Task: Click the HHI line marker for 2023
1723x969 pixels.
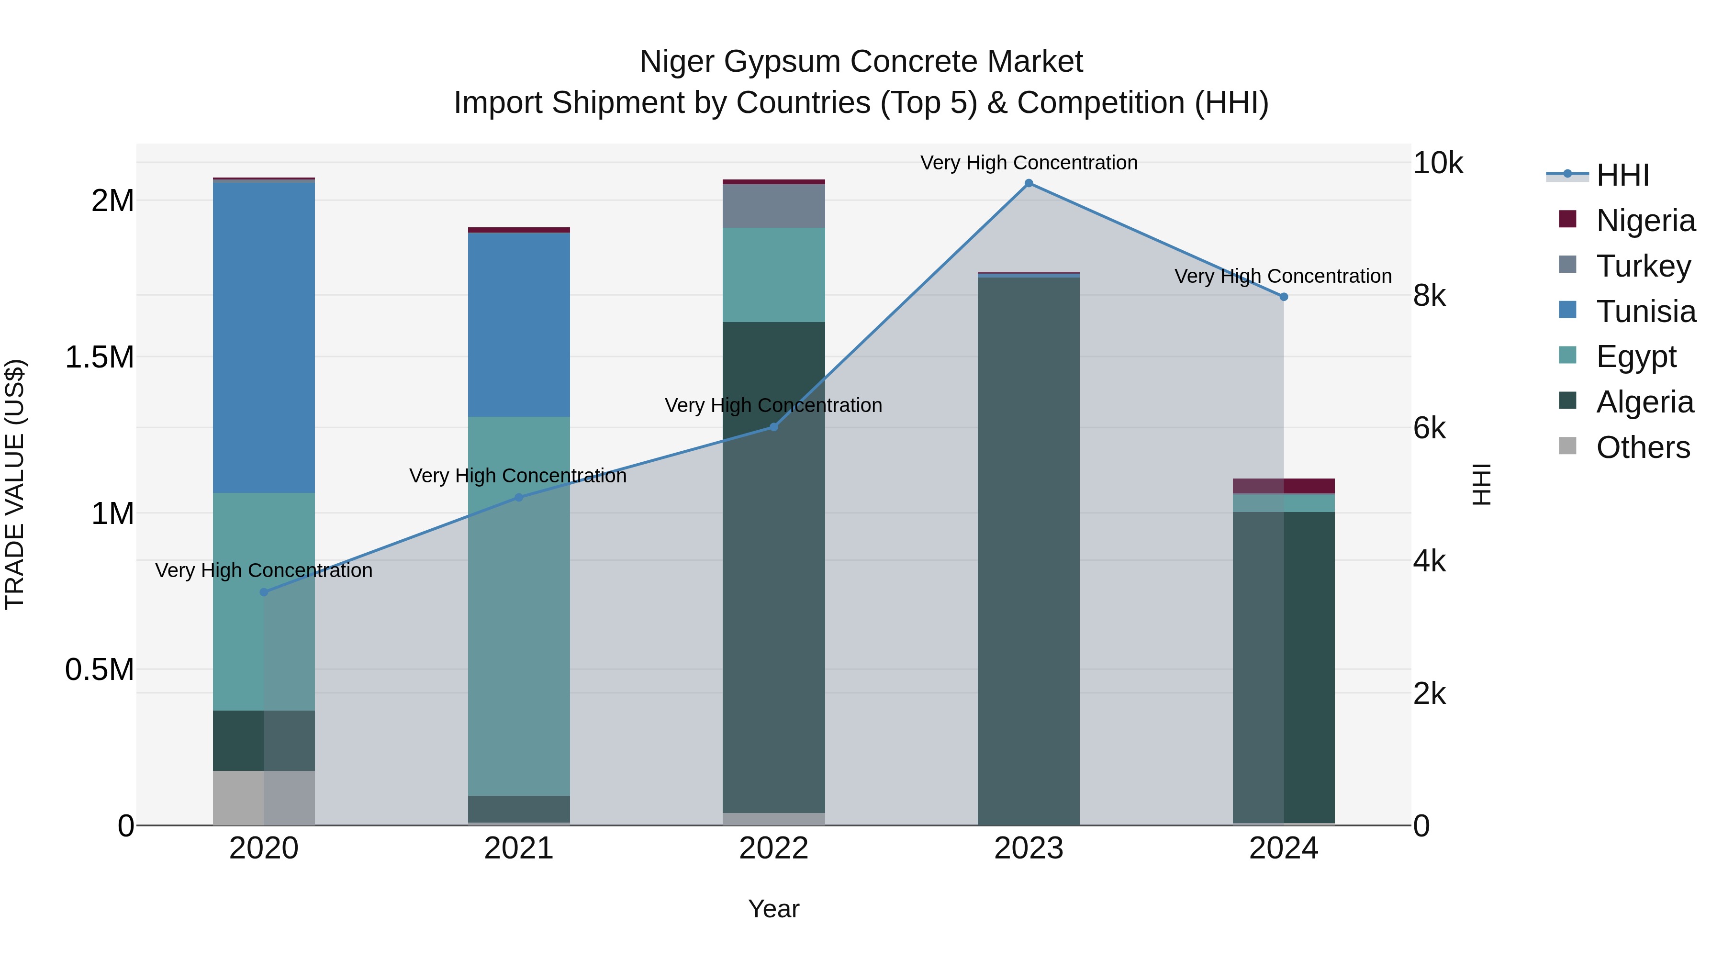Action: pyautogui.click(x=1029, y=183)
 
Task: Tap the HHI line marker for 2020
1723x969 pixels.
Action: pyautogui.click(x=264, y=592)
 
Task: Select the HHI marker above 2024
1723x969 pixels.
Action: pyautogui.click(x=1284, y=297)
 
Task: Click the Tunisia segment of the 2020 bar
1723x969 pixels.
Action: pyautogui.click(x=264, y=338)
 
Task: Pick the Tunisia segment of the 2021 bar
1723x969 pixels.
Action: pyautogui.click(x=518, y=324)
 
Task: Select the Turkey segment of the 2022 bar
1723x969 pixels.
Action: pyautogui.click(x=774, y=206)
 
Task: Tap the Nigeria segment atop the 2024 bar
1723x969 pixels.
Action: pyautogui.click(x=1284, y=486)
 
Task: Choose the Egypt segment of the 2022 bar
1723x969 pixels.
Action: pyautogui.click(x=774, y=275)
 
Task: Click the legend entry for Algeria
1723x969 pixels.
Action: pyautogui.click(x=1644, y=402)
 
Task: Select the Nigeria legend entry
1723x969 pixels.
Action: pyautogui.click(x=1645, y=221)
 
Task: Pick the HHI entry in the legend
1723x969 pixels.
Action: pyautogui.click(x=1622, y=175)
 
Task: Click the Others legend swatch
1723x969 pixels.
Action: pyautogui.click(x=1567, y=446)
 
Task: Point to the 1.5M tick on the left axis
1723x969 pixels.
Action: pyautogui.click(x=100, y=357)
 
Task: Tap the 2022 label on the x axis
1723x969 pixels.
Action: pyautogui.click(x=774, y=848)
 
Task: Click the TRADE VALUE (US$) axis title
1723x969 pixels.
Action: pyautogui.click(x=15, y=484)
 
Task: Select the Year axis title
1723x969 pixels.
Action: pyautogui.click(x=774, y=909)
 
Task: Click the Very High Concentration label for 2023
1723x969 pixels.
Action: pyautogui.click(x=1029, y=163)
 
